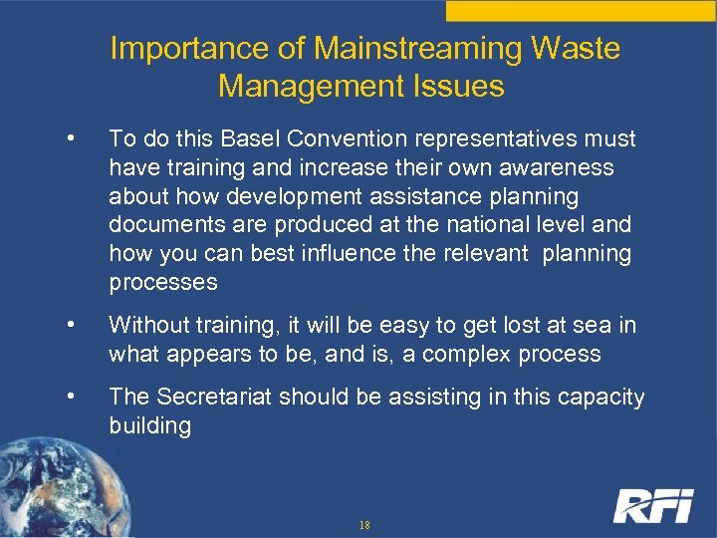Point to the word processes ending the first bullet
162,282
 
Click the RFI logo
652,506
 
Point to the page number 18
364,524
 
